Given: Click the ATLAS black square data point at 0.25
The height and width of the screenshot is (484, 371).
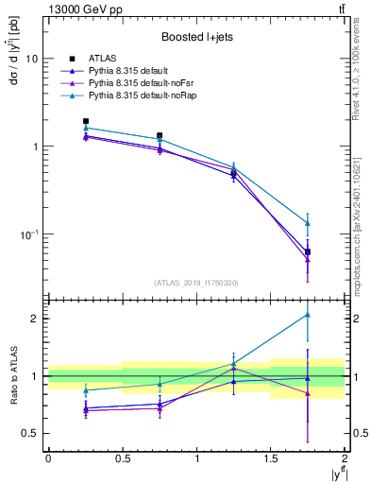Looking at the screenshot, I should click(x=86, y=121).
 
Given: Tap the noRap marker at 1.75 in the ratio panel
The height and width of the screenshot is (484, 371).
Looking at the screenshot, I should click(x=308, y=315).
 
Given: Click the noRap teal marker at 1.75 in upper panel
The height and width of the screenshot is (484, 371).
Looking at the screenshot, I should click(x=308, y=223).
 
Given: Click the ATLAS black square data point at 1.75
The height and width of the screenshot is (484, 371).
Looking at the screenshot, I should click(x=308, y=252).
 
